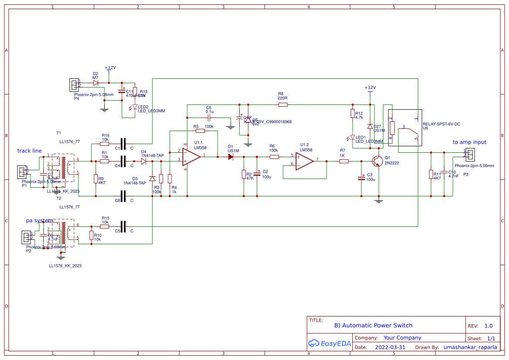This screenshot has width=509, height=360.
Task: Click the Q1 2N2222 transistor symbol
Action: [x=377, y=161]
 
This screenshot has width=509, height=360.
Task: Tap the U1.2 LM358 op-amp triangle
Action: [x=304, y=161]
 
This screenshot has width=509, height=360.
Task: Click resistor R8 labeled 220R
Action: [x=283, y=104]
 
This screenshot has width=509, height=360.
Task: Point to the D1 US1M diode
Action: [x=230, y=157]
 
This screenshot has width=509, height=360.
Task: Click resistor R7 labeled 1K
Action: [x=344, y=161]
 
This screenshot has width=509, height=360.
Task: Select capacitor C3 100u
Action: [x=361, y=178]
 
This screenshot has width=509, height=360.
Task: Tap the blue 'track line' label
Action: [x=30, y=151]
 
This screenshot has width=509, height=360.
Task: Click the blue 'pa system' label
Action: [x=39, y=220]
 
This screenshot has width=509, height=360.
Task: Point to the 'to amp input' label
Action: [x=469, y=142]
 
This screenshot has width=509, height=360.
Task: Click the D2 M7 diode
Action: [x=96, y=82]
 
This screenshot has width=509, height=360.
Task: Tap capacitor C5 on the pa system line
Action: [x=123, y=226]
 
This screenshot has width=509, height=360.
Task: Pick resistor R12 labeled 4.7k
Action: [x=352, y=114]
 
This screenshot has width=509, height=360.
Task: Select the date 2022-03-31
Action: [x=390, y=347]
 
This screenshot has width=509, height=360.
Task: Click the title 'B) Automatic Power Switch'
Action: [x=373, y=325]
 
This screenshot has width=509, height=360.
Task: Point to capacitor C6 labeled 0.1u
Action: [x=209, y=118]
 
